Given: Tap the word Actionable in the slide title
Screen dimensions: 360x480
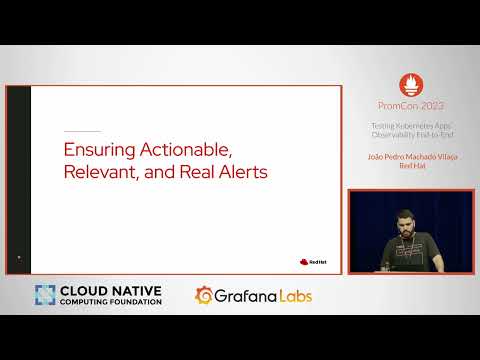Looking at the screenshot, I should point(186,150).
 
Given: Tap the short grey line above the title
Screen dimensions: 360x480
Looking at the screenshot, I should point(82,131).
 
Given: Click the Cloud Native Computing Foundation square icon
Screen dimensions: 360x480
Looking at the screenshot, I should point(46,296).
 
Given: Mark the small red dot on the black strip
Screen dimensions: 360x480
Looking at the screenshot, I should point(18,258).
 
